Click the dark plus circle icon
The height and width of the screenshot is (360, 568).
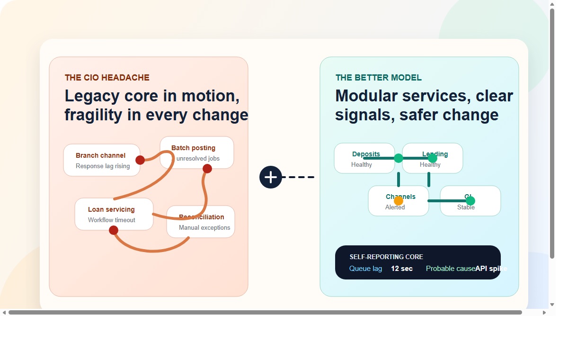click(x=271, y=177)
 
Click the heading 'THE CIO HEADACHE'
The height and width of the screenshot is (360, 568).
click(x=107, y=78)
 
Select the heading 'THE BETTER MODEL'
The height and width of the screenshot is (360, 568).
click(x=378, y=78)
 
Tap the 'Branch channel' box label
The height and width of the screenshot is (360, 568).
click(x=100, y=155)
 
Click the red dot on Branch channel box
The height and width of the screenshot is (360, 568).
click(x=140, y=160)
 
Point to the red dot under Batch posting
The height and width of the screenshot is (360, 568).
click(x=207, y=169)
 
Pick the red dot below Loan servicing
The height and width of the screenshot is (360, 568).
click(x=114, y=230)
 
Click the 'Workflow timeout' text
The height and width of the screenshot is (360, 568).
click(x=111, y=220)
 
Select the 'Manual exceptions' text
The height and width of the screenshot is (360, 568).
click(x=204, y=228)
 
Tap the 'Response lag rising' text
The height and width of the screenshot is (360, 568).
click(x=103, y=166)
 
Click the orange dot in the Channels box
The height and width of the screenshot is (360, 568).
click(x=399, y=201)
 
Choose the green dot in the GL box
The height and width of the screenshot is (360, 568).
click(x=470, y=201)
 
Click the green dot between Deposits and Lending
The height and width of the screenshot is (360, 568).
click(x=399, y=158)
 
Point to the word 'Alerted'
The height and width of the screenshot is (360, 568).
click(x=395, y=207)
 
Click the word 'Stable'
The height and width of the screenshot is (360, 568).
click(x=466, y=207)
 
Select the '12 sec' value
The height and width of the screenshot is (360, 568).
click(x=401, y=269)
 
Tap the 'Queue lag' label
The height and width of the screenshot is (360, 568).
click(x=365, y=269)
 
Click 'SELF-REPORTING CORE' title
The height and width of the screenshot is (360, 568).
click(x=386, y=257)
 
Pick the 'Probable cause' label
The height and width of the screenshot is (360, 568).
click(x=450, y=269)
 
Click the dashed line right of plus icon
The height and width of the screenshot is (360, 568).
click(x=301, y=177)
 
